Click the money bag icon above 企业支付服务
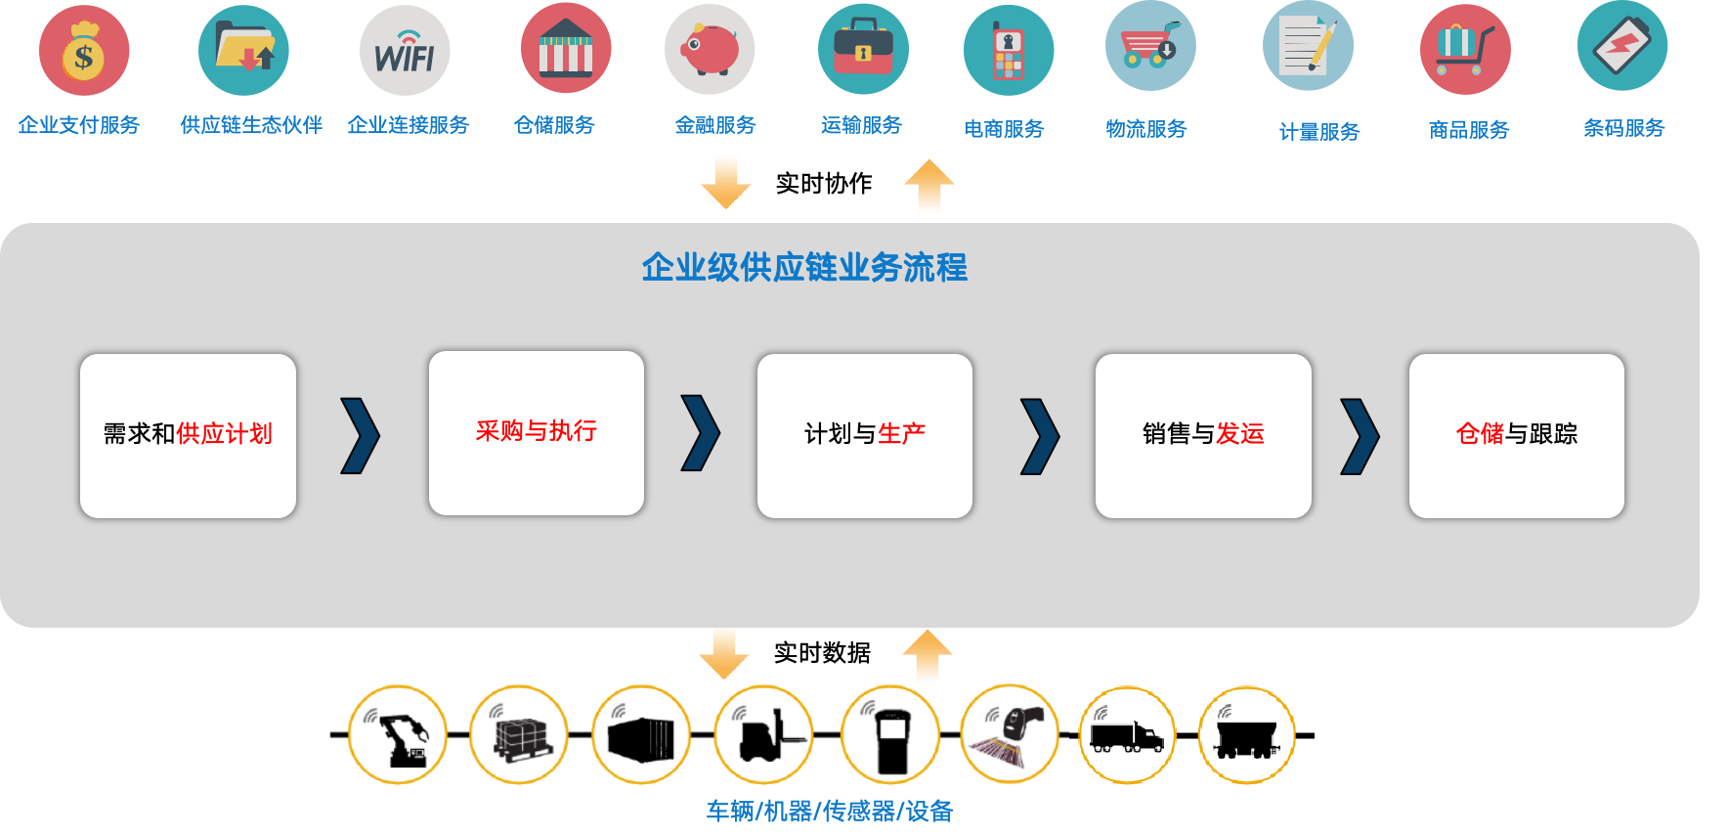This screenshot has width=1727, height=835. (x=84, y=51)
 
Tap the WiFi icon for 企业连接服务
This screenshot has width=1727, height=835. (x=405, y=51)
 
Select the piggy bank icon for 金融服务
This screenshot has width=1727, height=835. (x=710, y=49)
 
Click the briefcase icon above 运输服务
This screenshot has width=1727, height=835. (x=863, y=49)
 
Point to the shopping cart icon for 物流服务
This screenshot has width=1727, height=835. (x=1150, y=47)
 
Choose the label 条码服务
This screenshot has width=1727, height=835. (x=1623, y=128)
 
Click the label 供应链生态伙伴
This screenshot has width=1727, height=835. (x=251, y=125)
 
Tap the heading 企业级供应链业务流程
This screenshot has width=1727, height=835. (x=804, y=267)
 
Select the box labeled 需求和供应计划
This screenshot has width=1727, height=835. (x=188, y=435)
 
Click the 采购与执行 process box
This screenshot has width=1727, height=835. (x=537, y=432)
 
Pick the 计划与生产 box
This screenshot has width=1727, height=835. (x=865, y=435)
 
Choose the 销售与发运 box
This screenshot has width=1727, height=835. (x=1203, y=435)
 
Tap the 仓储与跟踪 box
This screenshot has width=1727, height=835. (x=1517, y=435)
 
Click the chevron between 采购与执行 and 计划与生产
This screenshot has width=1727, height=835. (x=700, y=432)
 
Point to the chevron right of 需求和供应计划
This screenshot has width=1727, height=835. (x=360, y=435)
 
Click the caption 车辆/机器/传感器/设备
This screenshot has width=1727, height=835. (x=830, y=812)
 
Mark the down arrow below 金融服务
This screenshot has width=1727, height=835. (x=725, y=182)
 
